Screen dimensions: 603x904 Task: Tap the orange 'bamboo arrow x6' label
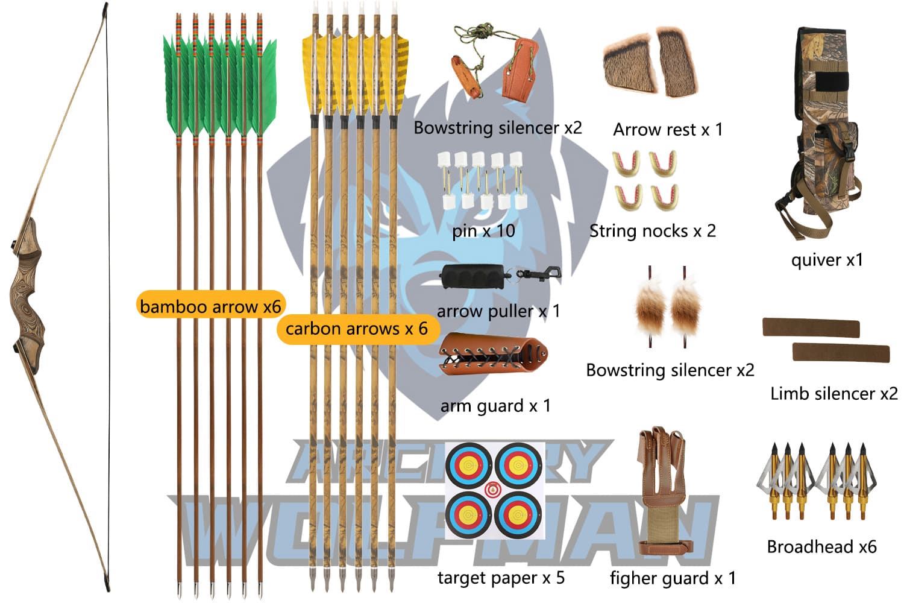coord(210,306)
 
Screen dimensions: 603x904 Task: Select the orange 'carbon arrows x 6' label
coord(356,329)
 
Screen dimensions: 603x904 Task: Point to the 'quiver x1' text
coord(827,260)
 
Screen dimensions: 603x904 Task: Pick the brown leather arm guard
coord(493,355)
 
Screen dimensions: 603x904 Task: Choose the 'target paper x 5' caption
coord(501,578)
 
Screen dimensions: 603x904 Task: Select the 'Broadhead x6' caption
coord(821,547)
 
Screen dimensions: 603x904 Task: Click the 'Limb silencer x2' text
coord(833,394)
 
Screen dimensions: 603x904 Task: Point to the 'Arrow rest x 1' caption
coord(668,130)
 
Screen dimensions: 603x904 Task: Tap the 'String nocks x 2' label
coord(652,231)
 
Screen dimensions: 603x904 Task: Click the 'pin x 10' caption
coord(483,231)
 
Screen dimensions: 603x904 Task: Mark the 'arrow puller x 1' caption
coord(498,311)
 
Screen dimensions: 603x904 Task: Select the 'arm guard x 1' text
coord(495,406)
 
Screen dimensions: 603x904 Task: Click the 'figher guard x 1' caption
coord(673,578)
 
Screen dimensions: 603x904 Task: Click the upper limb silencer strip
coord(811,327)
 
